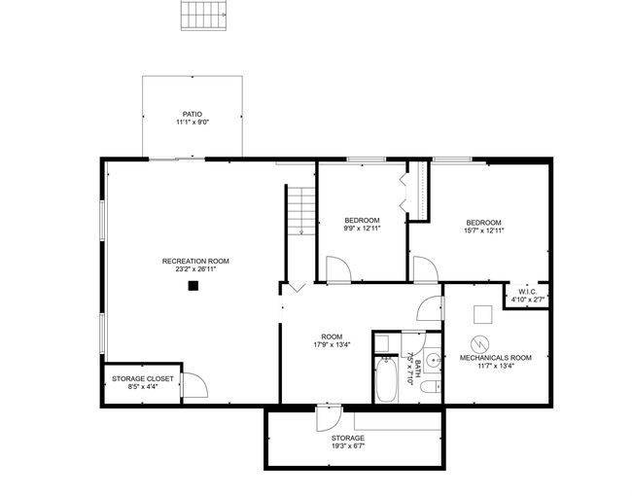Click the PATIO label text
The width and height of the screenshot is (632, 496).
pos(193,114)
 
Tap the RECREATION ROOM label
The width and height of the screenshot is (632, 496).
pos(195,261)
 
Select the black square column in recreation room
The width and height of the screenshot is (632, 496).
pos(193,286)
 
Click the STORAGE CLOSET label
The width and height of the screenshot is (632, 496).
pos(143,378)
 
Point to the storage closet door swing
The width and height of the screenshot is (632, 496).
pos(194,385)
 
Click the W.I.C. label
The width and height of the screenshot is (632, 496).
pos(528,292)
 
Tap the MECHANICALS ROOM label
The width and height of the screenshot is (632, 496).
pos(495,358)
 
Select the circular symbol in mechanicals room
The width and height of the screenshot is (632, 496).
pos(480,344)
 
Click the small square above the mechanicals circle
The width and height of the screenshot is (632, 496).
pos(483,314)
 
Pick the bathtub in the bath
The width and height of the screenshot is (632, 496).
pos(386,379)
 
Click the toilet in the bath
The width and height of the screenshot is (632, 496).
pos(430,387)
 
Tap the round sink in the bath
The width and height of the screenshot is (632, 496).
pos(434,359)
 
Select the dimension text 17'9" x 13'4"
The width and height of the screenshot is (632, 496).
pos(332,345)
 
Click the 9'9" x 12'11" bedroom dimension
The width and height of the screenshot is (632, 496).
pos(362,229)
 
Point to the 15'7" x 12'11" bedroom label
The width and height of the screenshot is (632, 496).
pos(483,230)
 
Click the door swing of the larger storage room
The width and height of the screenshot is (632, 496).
pos(329,418)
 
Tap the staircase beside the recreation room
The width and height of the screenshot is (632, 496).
pos(300,211)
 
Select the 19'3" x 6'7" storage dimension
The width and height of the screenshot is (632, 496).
pos(348,446)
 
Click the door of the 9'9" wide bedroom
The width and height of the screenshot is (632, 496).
pos(338,269)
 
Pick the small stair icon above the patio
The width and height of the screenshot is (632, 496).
pos(203,16)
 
